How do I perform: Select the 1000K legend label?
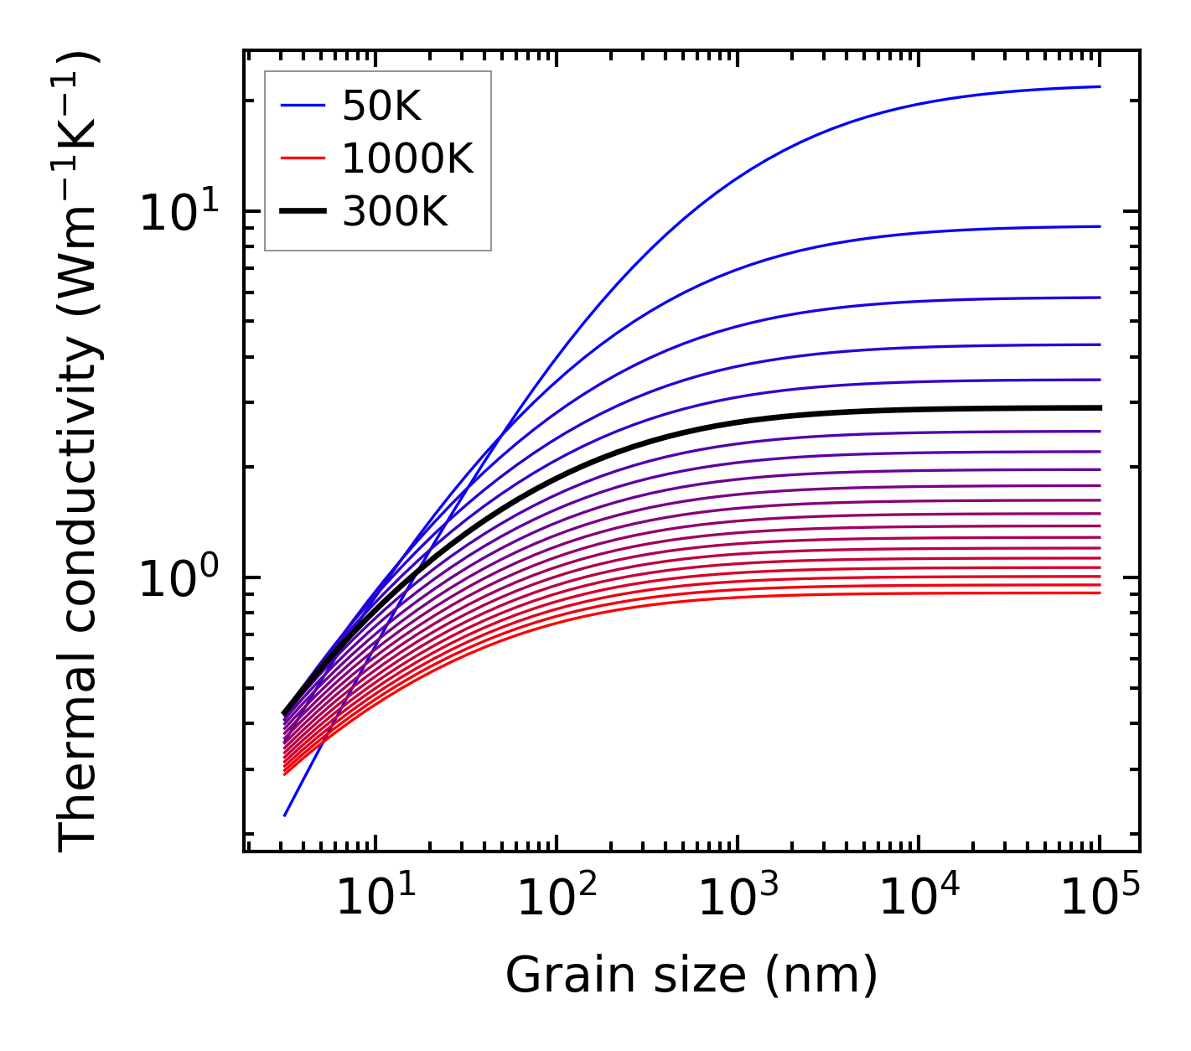(407, 159)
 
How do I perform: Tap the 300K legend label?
(395, 213)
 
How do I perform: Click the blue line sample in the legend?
(302, 106)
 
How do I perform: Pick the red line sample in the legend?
(302, 159)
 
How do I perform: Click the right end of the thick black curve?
(1099, 408)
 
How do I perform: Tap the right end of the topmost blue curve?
(1099, 86)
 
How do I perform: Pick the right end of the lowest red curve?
(1099, 593)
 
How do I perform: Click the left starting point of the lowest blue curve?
(285, 815)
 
